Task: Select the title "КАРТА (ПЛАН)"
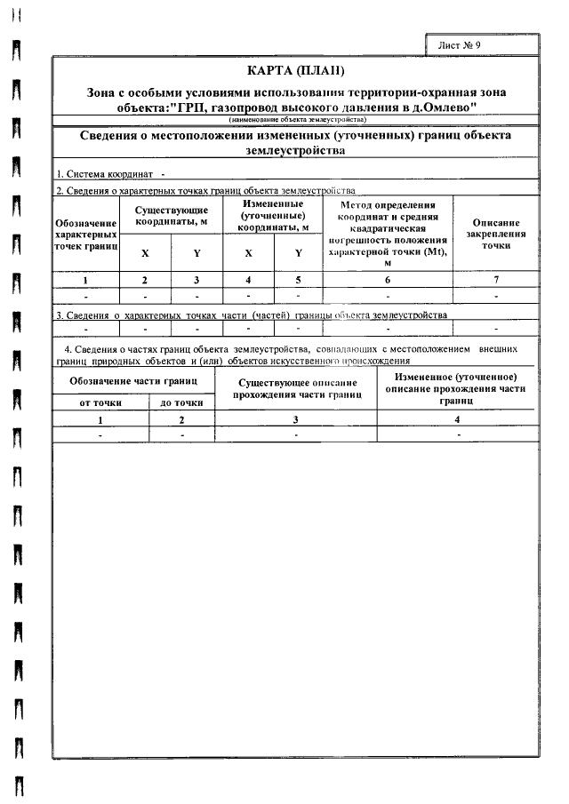[x=294, y=70]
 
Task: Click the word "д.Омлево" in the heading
[x=449, y=107]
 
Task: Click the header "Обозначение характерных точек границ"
[x=86, y=233]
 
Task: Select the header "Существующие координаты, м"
[x=171, y=215]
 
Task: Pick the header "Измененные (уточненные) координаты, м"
[x=273, y=215]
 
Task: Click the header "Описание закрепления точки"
[x=495, y=234]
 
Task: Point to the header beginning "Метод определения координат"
[x=388, y=234]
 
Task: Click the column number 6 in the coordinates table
[x=388, y=280]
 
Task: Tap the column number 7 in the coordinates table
[x=495, y=280]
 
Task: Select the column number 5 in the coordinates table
[x=298, y=280]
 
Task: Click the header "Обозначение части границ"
[x=134, y=381]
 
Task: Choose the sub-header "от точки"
[x=100, y=402]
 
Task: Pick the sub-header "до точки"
[x=182, y=402]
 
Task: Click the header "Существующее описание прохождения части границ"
[x=297, y=388]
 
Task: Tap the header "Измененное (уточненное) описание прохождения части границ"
[x=458, y=388]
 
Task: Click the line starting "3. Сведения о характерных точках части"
[x=252, y=314]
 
